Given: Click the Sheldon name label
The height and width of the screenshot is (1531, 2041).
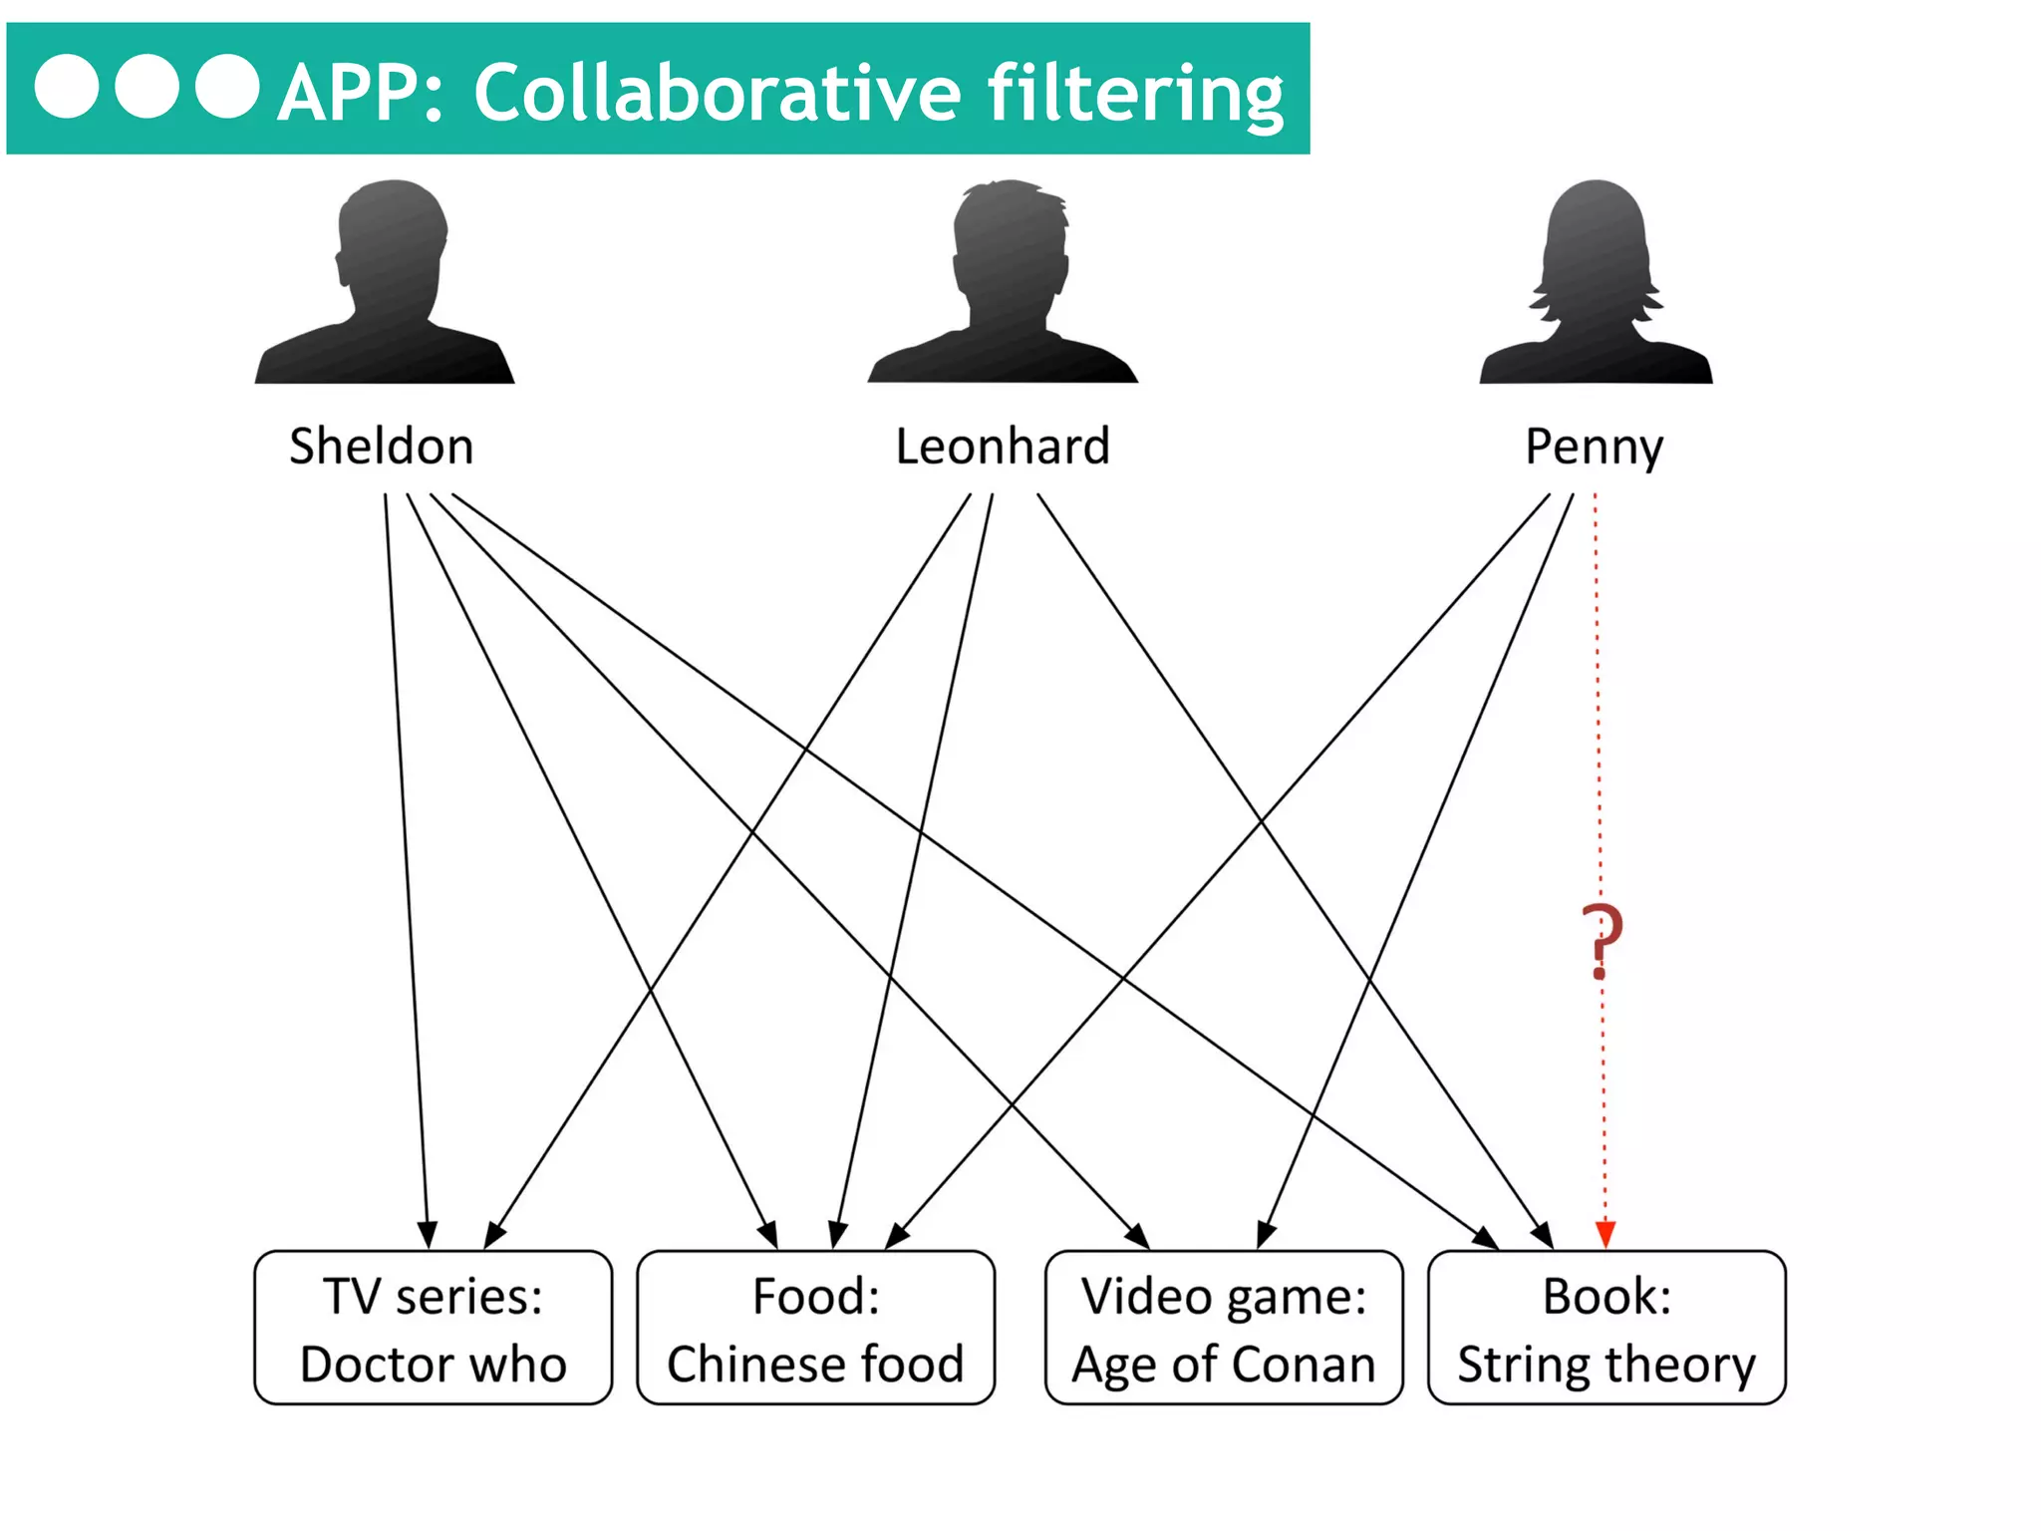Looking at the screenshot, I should [x=382, y=446].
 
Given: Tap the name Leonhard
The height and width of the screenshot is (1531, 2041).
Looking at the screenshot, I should [x=1003, y=446].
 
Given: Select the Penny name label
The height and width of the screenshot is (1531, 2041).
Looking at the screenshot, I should [x=1594, y=448].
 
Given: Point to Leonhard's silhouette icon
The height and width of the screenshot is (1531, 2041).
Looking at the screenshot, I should [x=1004, y=284].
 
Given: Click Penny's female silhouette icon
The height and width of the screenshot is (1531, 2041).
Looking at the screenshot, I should [x=1596, y=284].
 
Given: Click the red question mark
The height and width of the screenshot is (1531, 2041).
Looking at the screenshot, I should [x=1602, y=940].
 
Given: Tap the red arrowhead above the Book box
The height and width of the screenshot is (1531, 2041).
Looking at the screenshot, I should [x=1604, y=1234].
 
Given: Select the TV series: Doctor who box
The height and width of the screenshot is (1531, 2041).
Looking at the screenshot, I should [x=434, y=1328].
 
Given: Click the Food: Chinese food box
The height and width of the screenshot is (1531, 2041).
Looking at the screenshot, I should [x=815, y=1328].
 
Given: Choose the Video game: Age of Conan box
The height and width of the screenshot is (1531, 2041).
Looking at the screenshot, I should [x=1224, y=1328].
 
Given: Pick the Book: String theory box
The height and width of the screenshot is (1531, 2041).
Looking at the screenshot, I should [x=1606, y=1328].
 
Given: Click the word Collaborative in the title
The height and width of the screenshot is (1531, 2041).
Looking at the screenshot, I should [x=718, y=93].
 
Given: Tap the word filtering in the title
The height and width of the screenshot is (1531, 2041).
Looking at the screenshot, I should [x=1135, y=93].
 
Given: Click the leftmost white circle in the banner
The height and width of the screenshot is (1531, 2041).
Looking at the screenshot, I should [x=67, y=87].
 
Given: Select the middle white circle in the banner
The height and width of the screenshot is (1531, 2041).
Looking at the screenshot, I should [x=147, y=87].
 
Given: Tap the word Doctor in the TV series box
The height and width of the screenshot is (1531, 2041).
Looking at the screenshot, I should [x=375, y=1364].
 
